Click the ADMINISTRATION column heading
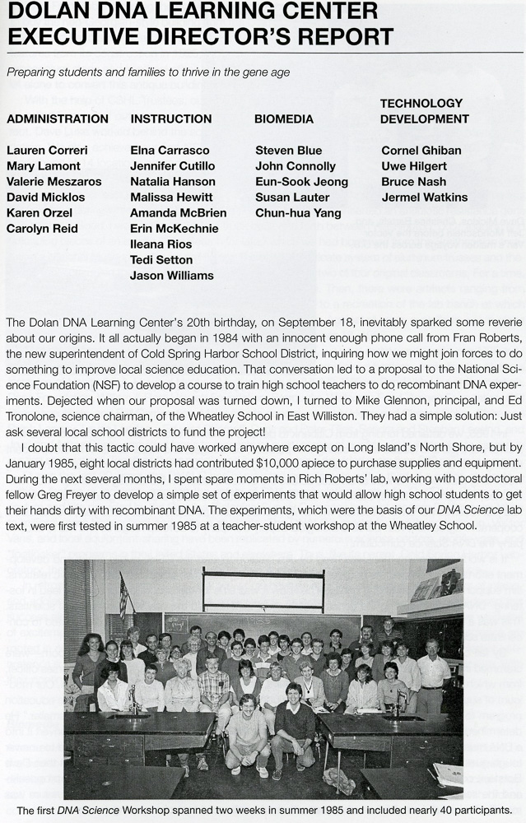[x=58, y=119]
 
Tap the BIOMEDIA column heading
[x=283, y=119]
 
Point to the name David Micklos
[x=47, y=198]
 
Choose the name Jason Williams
[x=171, y=276]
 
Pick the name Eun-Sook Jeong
[x=301, y=182]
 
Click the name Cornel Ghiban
[x=421, y=151]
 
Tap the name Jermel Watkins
[x=424, y=198]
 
